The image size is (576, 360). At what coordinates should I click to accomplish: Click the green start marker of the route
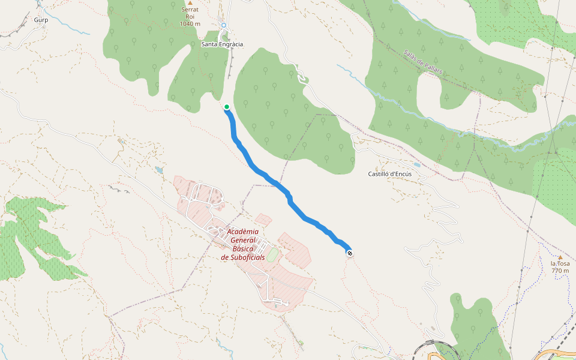[x=227, y=107]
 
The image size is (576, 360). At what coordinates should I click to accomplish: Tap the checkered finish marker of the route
[x=349, y=253]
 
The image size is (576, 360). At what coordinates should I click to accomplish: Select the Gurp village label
[x=41, y=20]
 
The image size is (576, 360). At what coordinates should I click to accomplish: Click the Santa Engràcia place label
[x=222, y=44]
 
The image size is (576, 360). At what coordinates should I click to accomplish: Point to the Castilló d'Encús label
[x=389, y=174]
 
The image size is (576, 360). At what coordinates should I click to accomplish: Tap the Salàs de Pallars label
[x=423, y=62]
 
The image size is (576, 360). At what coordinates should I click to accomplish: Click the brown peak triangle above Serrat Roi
[x=190, y=3]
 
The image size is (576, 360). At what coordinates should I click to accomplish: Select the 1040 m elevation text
[x=190, y=24]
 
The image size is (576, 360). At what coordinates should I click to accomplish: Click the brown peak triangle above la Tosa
[x=560, y=257]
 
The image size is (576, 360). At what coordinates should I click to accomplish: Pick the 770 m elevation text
[x=560, y=271]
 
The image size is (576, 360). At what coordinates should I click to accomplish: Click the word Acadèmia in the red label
[x=243, y=232]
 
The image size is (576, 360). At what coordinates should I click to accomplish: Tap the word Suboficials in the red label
[x=243, y=257]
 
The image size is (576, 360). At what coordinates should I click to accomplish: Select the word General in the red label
[x=243, y=240]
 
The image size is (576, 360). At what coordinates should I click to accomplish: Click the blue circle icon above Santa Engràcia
[x=224, y=25]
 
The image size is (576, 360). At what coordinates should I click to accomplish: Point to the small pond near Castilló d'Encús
[x=416, y=164]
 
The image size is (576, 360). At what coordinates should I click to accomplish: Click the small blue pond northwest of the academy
[x=159, y=170]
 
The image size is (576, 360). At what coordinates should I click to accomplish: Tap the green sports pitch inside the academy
[x=272, y=256]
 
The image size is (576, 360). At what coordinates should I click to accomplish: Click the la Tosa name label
[x=560, y=263]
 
